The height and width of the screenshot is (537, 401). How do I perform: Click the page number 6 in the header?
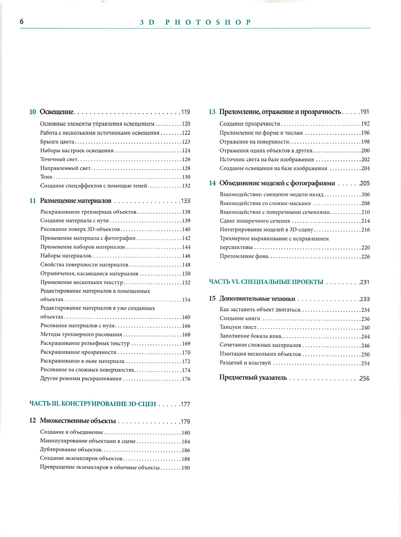coord(22,21)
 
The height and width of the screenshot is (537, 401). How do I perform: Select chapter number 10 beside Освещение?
coord(33,112)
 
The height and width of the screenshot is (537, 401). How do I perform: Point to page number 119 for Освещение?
coord(185,112)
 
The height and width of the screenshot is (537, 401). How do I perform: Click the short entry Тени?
coord(46,177)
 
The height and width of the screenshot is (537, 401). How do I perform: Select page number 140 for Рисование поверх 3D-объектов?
coord(186,230)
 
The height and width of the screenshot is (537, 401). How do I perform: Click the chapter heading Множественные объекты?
coord(78,421)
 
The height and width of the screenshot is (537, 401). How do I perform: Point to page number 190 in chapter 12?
coord(186,468)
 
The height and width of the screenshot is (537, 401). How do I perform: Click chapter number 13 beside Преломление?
coord(212,112)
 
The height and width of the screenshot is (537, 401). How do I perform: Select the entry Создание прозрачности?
coord(250,124)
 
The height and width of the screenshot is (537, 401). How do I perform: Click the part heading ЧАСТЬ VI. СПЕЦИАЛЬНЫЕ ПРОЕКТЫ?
coord(266,282)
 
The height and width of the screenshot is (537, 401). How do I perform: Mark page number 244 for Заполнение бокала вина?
coord(365,336)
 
